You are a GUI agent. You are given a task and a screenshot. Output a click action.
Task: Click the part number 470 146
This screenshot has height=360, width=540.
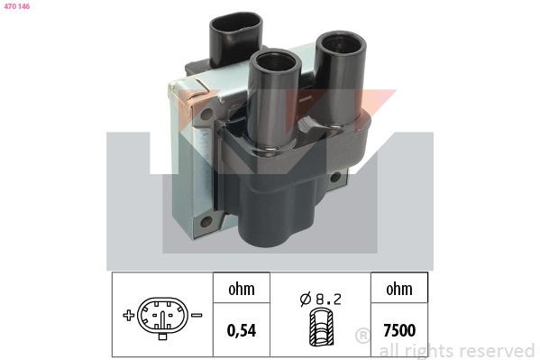[17, 6]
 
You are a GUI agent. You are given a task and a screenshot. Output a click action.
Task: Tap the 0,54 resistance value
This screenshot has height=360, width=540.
[242, 330]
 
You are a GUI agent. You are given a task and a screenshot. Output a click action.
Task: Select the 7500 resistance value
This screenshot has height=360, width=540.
[399, 330]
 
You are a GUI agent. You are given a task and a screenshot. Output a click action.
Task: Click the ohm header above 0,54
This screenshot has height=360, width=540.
[242, 289]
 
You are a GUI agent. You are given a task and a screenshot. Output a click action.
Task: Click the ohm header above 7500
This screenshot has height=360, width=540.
[399, 289]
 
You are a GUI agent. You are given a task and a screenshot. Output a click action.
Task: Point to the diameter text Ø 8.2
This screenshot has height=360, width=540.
[320, 299]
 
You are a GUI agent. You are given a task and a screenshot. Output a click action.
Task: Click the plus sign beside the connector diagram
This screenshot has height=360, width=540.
[128, 315]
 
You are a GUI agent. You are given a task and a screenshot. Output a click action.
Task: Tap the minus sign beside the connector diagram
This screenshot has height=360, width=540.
[197, 315]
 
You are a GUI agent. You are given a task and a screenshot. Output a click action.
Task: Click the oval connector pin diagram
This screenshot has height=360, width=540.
[162, 316]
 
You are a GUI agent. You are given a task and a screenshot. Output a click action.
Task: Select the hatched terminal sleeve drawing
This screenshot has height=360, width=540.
[321, 327]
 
